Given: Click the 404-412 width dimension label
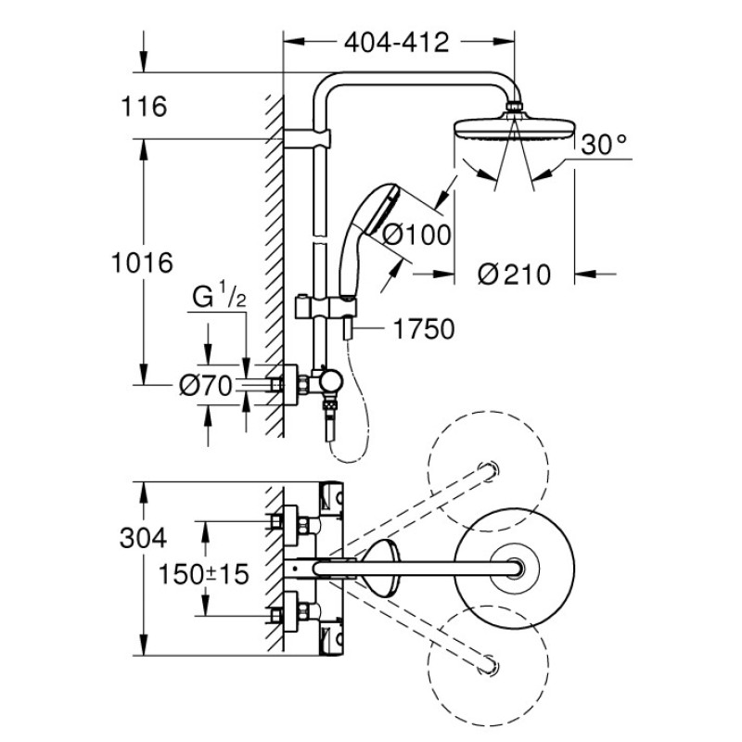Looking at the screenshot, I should click(x=396, y=43).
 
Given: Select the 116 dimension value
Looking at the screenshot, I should click(x=143, y=108).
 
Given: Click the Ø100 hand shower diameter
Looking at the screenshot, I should click(x=416, y=236).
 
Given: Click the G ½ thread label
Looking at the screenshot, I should click(x=219, y=299).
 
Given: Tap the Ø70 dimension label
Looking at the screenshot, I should click(x=203, y=386).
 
